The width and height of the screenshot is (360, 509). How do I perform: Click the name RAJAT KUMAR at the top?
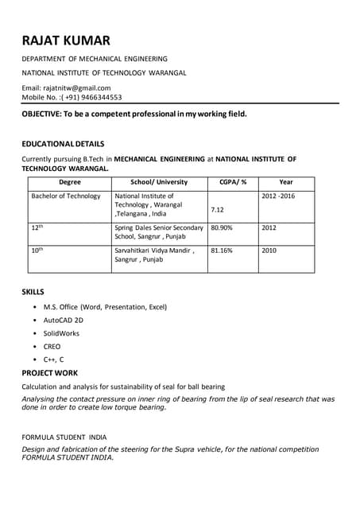coord(66,41)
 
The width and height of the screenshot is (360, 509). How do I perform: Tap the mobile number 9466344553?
coord(99,97)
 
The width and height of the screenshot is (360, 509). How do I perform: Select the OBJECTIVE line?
coord(134,114)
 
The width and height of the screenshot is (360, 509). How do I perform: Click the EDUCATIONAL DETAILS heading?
coord(63,144)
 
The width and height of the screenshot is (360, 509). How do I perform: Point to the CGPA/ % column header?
coord(233,182)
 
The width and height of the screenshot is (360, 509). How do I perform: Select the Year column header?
coord(286,182)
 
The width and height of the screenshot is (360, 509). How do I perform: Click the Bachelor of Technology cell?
coord(66,196)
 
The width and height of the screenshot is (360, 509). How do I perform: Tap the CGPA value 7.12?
coord(217,209)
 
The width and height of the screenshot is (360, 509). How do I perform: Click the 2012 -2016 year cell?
coord(278,196)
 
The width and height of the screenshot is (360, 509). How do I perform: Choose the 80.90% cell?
coord(222,227)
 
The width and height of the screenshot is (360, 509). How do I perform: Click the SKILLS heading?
coord(33,292)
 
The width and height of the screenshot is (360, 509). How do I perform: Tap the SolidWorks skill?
coord(62,333)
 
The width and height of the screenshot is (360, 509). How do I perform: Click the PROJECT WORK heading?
coord(50,372)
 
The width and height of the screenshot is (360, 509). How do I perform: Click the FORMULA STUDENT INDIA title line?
coord(64,437)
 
